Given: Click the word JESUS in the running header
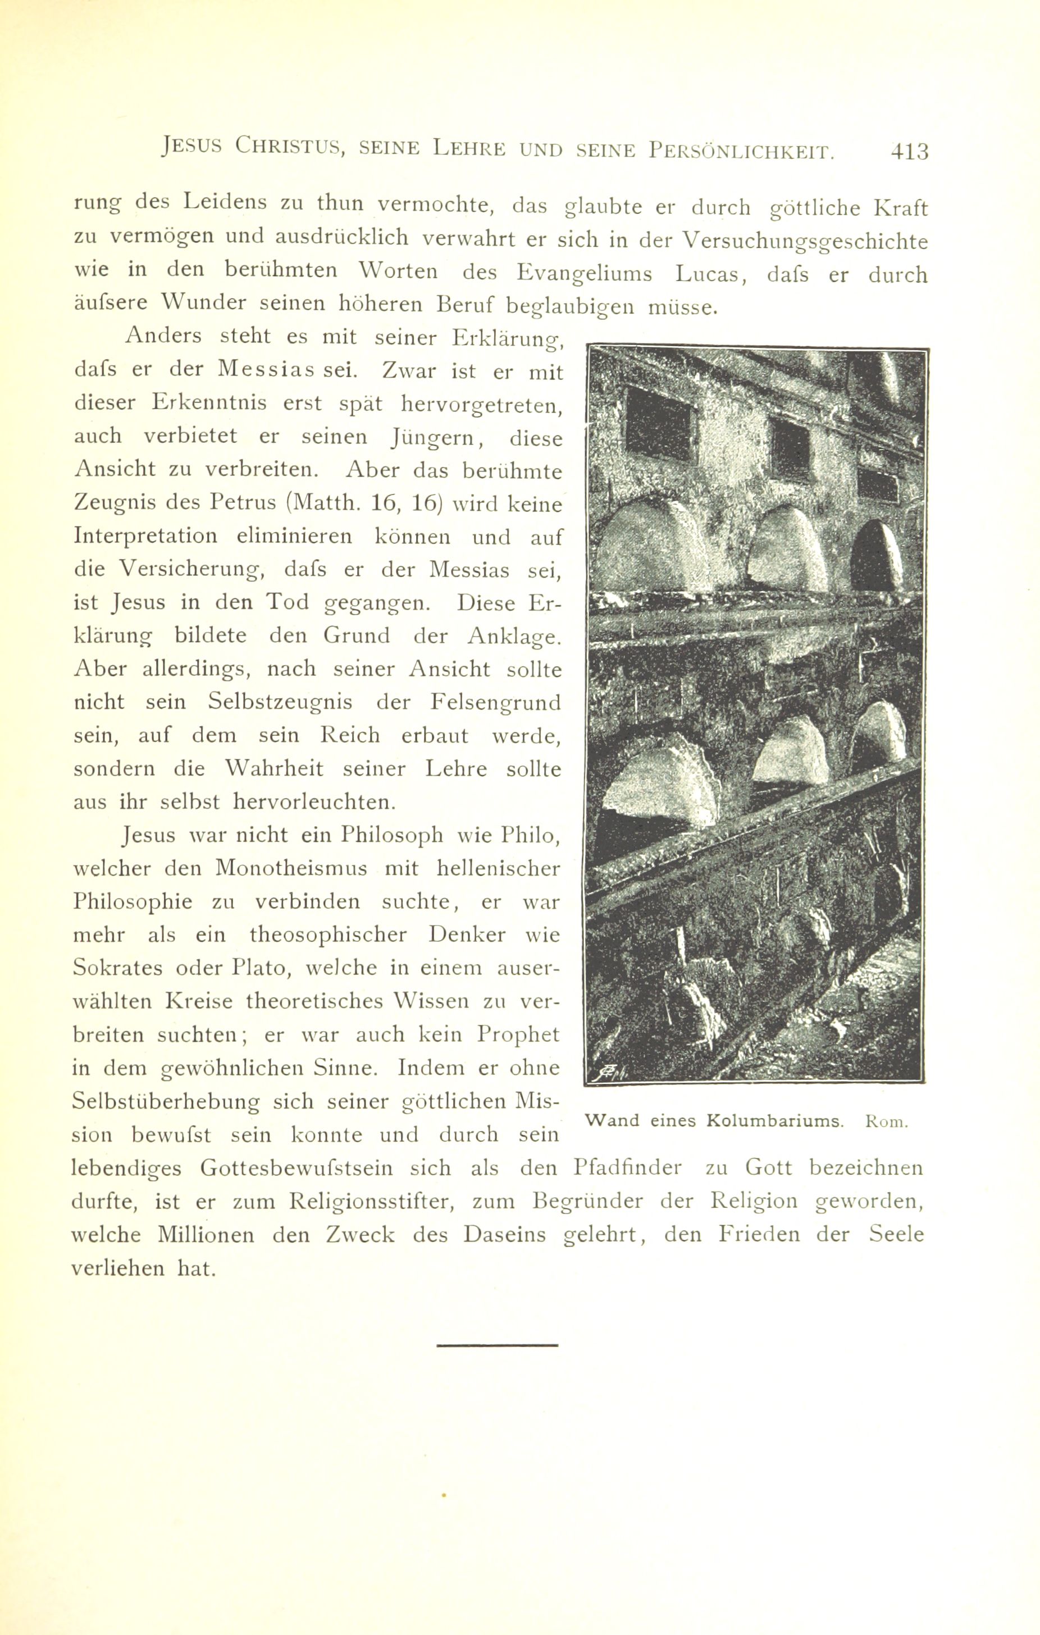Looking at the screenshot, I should point(192,148).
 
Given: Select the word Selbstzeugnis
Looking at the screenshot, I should point(279,702).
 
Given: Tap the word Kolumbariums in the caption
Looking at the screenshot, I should point(774,1121).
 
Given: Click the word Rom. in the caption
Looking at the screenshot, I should point(887,1121).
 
